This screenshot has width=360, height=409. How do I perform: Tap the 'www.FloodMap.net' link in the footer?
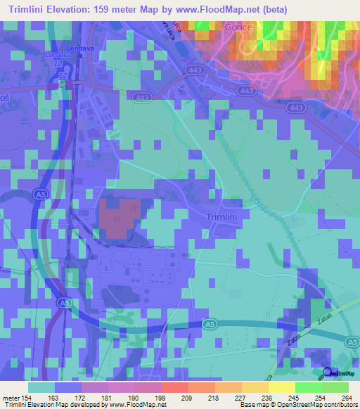point(136,405)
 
